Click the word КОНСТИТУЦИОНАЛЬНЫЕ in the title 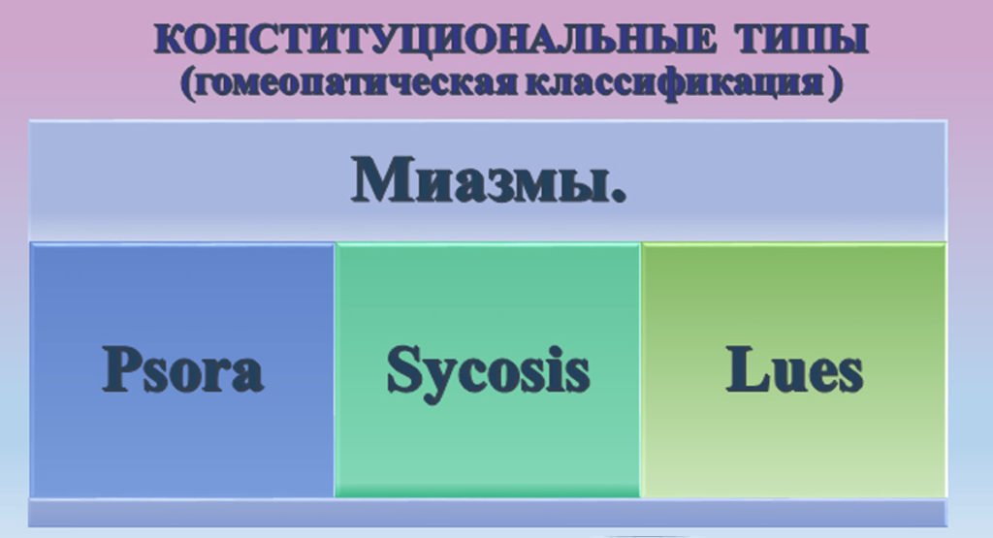click(x=436, y=40)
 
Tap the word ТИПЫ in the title click(x=802, y=39)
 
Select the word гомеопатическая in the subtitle click(x=356, y=83)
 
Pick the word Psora click(x=182, y=369)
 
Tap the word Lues click(x=794, y=369)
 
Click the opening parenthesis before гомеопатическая click(x=186, y=83)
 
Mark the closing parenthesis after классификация click(x=836, y=83)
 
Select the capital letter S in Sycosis click(x=403, y=368)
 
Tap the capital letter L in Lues click(x=748, y=369)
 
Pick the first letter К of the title click(x=170, y=40)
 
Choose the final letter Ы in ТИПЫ click(x=848, y=40)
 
